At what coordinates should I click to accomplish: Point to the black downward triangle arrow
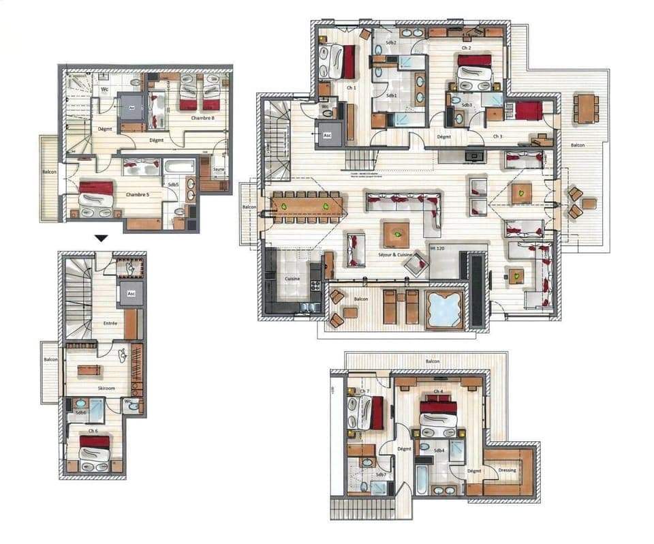[102, 239]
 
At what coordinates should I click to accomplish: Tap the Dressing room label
[507, 470]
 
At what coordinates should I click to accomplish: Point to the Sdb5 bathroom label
[173, 184]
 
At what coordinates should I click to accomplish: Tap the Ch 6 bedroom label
[92, 431]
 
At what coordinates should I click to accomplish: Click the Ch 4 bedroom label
[437, 392]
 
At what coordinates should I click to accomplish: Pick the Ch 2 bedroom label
[467, 48]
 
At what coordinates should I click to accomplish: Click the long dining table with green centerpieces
[305, 206]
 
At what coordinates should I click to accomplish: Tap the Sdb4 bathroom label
[439, 451]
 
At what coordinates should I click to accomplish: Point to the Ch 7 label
[365, 391]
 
